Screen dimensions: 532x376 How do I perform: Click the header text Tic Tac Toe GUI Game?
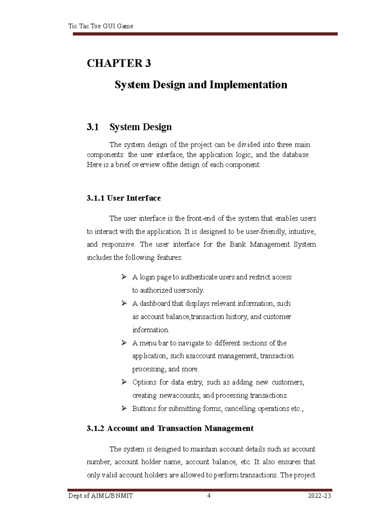(101, 26)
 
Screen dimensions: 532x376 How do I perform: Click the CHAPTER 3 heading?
(119, 63)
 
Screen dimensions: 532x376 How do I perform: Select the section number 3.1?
(93, 127)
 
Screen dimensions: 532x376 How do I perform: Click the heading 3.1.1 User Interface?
(123, 198)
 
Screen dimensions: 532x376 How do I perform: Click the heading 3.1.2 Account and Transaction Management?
(170, 428)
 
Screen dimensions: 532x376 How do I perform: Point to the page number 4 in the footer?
(209, 496)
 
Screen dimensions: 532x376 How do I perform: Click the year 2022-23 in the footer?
(319, 496)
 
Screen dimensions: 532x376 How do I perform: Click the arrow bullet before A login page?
(124, 277)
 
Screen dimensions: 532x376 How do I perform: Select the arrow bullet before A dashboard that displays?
(124, 303)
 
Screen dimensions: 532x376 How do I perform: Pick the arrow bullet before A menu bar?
(124, 343)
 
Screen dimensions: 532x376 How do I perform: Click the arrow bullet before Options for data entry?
(124, 382)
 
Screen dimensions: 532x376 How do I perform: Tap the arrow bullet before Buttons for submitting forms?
(124, 408)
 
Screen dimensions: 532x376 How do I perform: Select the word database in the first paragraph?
(295, 154)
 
